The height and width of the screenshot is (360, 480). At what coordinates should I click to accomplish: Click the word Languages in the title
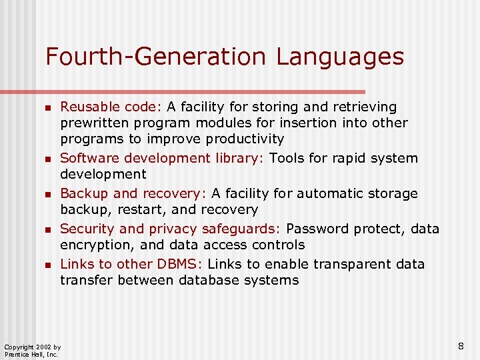coord(340,57)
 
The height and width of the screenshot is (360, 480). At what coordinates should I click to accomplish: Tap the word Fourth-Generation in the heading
coord(157,57)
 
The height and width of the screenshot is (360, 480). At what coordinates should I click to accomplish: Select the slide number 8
coord(461,346)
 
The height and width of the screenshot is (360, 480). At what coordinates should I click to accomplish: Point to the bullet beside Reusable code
coord(47,107)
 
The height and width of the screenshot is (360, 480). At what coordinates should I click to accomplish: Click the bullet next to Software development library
coord(47,159)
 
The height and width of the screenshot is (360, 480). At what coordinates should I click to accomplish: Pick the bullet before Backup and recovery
coord(47,195)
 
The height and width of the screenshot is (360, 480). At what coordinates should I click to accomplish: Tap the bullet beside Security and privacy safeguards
coord(47,230)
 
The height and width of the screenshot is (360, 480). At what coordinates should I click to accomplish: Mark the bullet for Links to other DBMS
coord(47,265)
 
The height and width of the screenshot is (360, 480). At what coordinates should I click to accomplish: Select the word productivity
coord(245,139)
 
